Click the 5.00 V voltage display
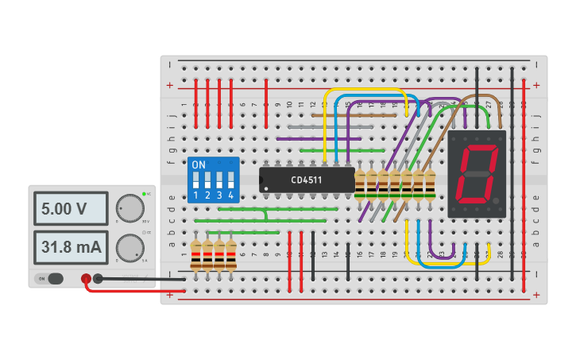tap(70, 209)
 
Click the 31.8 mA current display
tap(70, 247)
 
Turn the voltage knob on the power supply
tap(129, 208)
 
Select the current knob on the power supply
tap(129, 248)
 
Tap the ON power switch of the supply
tap(50, 278)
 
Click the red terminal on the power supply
tap(86, 278)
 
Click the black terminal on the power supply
tap(98, 278)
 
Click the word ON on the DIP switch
tap(199, 165)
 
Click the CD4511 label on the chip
tap(306, 180)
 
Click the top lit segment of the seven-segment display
tap(479, 149)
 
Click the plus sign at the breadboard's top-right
tap(536, 85)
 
